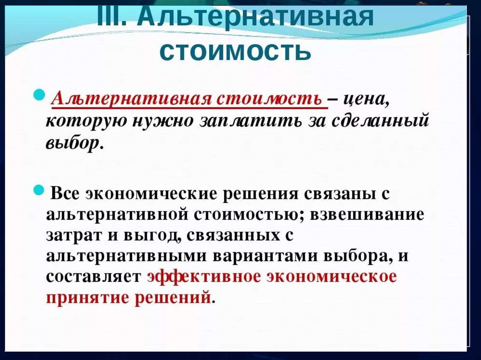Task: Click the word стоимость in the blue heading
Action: point(236,51)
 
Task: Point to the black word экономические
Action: point(152,194)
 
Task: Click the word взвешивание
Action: point(367,214)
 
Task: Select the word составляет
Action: point(93,276)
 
